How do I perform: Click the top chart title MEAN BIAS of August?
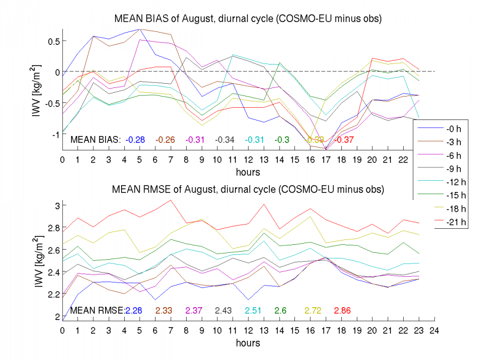(249, 19)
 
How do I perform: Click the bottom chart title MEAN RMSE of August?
(248, 189)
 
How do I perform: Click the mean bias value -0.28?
(136, 140)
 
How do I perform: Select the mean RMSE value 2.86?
(342, 310)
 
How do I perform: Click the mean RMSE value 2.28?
(134, 310)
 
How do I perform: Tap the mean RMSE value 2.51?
(253, 310)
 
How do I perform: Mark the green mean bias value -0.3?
(282, 140)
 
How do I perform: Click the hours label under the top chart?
(248, 172)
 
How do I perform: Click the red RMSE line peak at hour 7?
(170, 201)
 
